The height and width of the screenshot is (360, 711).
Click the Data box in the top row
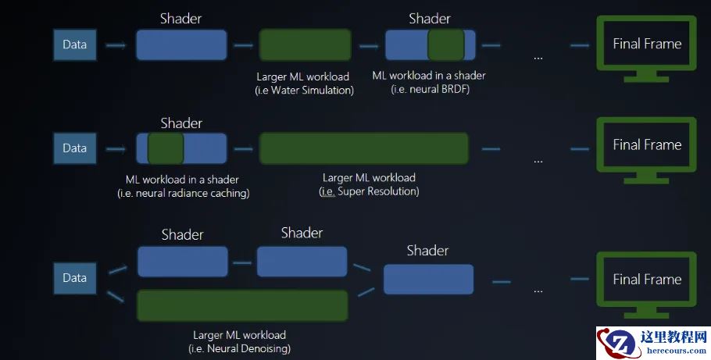tap(74, 45)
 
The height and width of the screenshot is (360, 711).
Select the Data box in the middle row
tap(74, 148)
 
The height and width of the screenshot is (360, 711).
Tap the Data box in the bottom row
tap(74, 278)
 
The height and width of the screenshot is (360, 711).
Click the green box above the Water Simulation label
tap(304, 45)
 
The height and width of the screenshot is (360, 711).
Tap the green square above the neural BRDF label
tap(446, 45)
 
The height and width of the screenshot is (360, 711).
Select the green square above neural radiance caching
tap(166, 148)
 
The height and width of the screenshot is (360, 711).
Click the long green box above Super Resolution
tap(363, 148)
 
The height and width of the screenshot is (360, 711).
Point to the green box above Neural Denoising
tap(242, 305)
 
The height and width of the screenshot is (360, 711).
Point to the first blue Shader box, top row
tap(181, 45)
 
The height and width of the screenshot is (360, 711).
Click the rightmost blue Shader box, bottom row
tap(428, 279)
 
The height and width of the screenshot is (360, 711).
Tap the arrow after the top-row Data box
tap(116, 45)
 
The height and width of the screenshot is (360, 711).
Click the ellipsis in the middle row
tap(538, 160)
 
